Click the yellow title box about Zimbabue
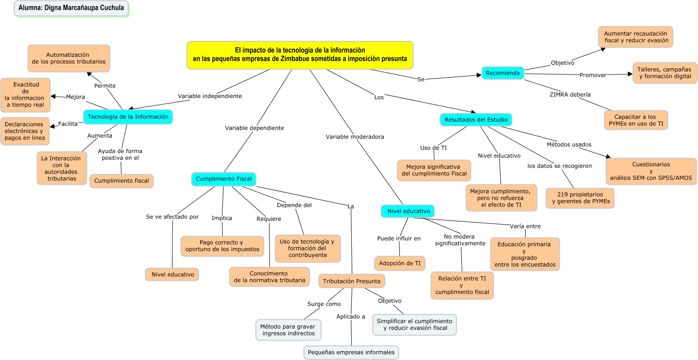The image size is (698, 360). [x=300, y=55]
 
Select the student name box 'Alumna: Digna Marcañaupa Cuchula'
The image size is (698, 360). [x=71, y=8]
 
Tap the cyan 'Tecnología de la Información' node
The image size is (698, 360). [x=128, y=117]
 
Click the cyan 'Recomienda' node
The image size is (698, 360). [x=503, y=73]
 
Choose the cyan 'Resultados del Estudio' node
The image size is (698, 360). [x=476, y=120]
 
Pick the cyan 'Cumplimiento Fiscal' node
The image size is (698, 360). [x=224, y=179]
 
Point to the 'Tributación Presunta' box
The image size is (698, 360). [x=351, y=281]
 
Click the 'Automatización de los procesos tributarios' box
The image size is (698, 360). [x=68, y=58]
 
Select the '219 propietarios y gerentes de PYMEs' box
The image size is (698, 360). [x=580, y=198]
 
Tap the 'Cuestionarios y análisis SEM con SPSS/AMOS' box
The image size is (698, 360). [x=651, y=171]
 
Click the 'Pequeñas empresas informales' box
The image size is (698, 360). [x=351, y=352]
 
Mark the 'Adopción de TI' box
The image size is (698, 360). [x=399, y=263]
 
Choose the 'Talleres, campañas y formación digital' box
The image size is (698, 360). [x=665, y=73]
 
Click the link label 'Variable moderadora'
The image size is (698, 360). [x=355, y=137]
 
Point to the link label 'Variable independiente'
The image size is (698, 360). [x=209, y=96]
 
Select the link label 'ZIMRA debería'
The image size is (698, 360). [x=569, y=95]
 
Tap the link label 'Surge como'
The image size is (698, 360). [x=324, y=304]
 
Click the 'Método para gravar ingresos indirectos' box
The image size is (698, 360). [x=288, y=329]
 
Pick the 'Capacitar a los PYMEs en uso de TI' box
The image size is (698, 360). [x=635, y=120]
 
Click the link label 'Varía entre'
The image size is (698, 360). [x=525, y=226]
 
